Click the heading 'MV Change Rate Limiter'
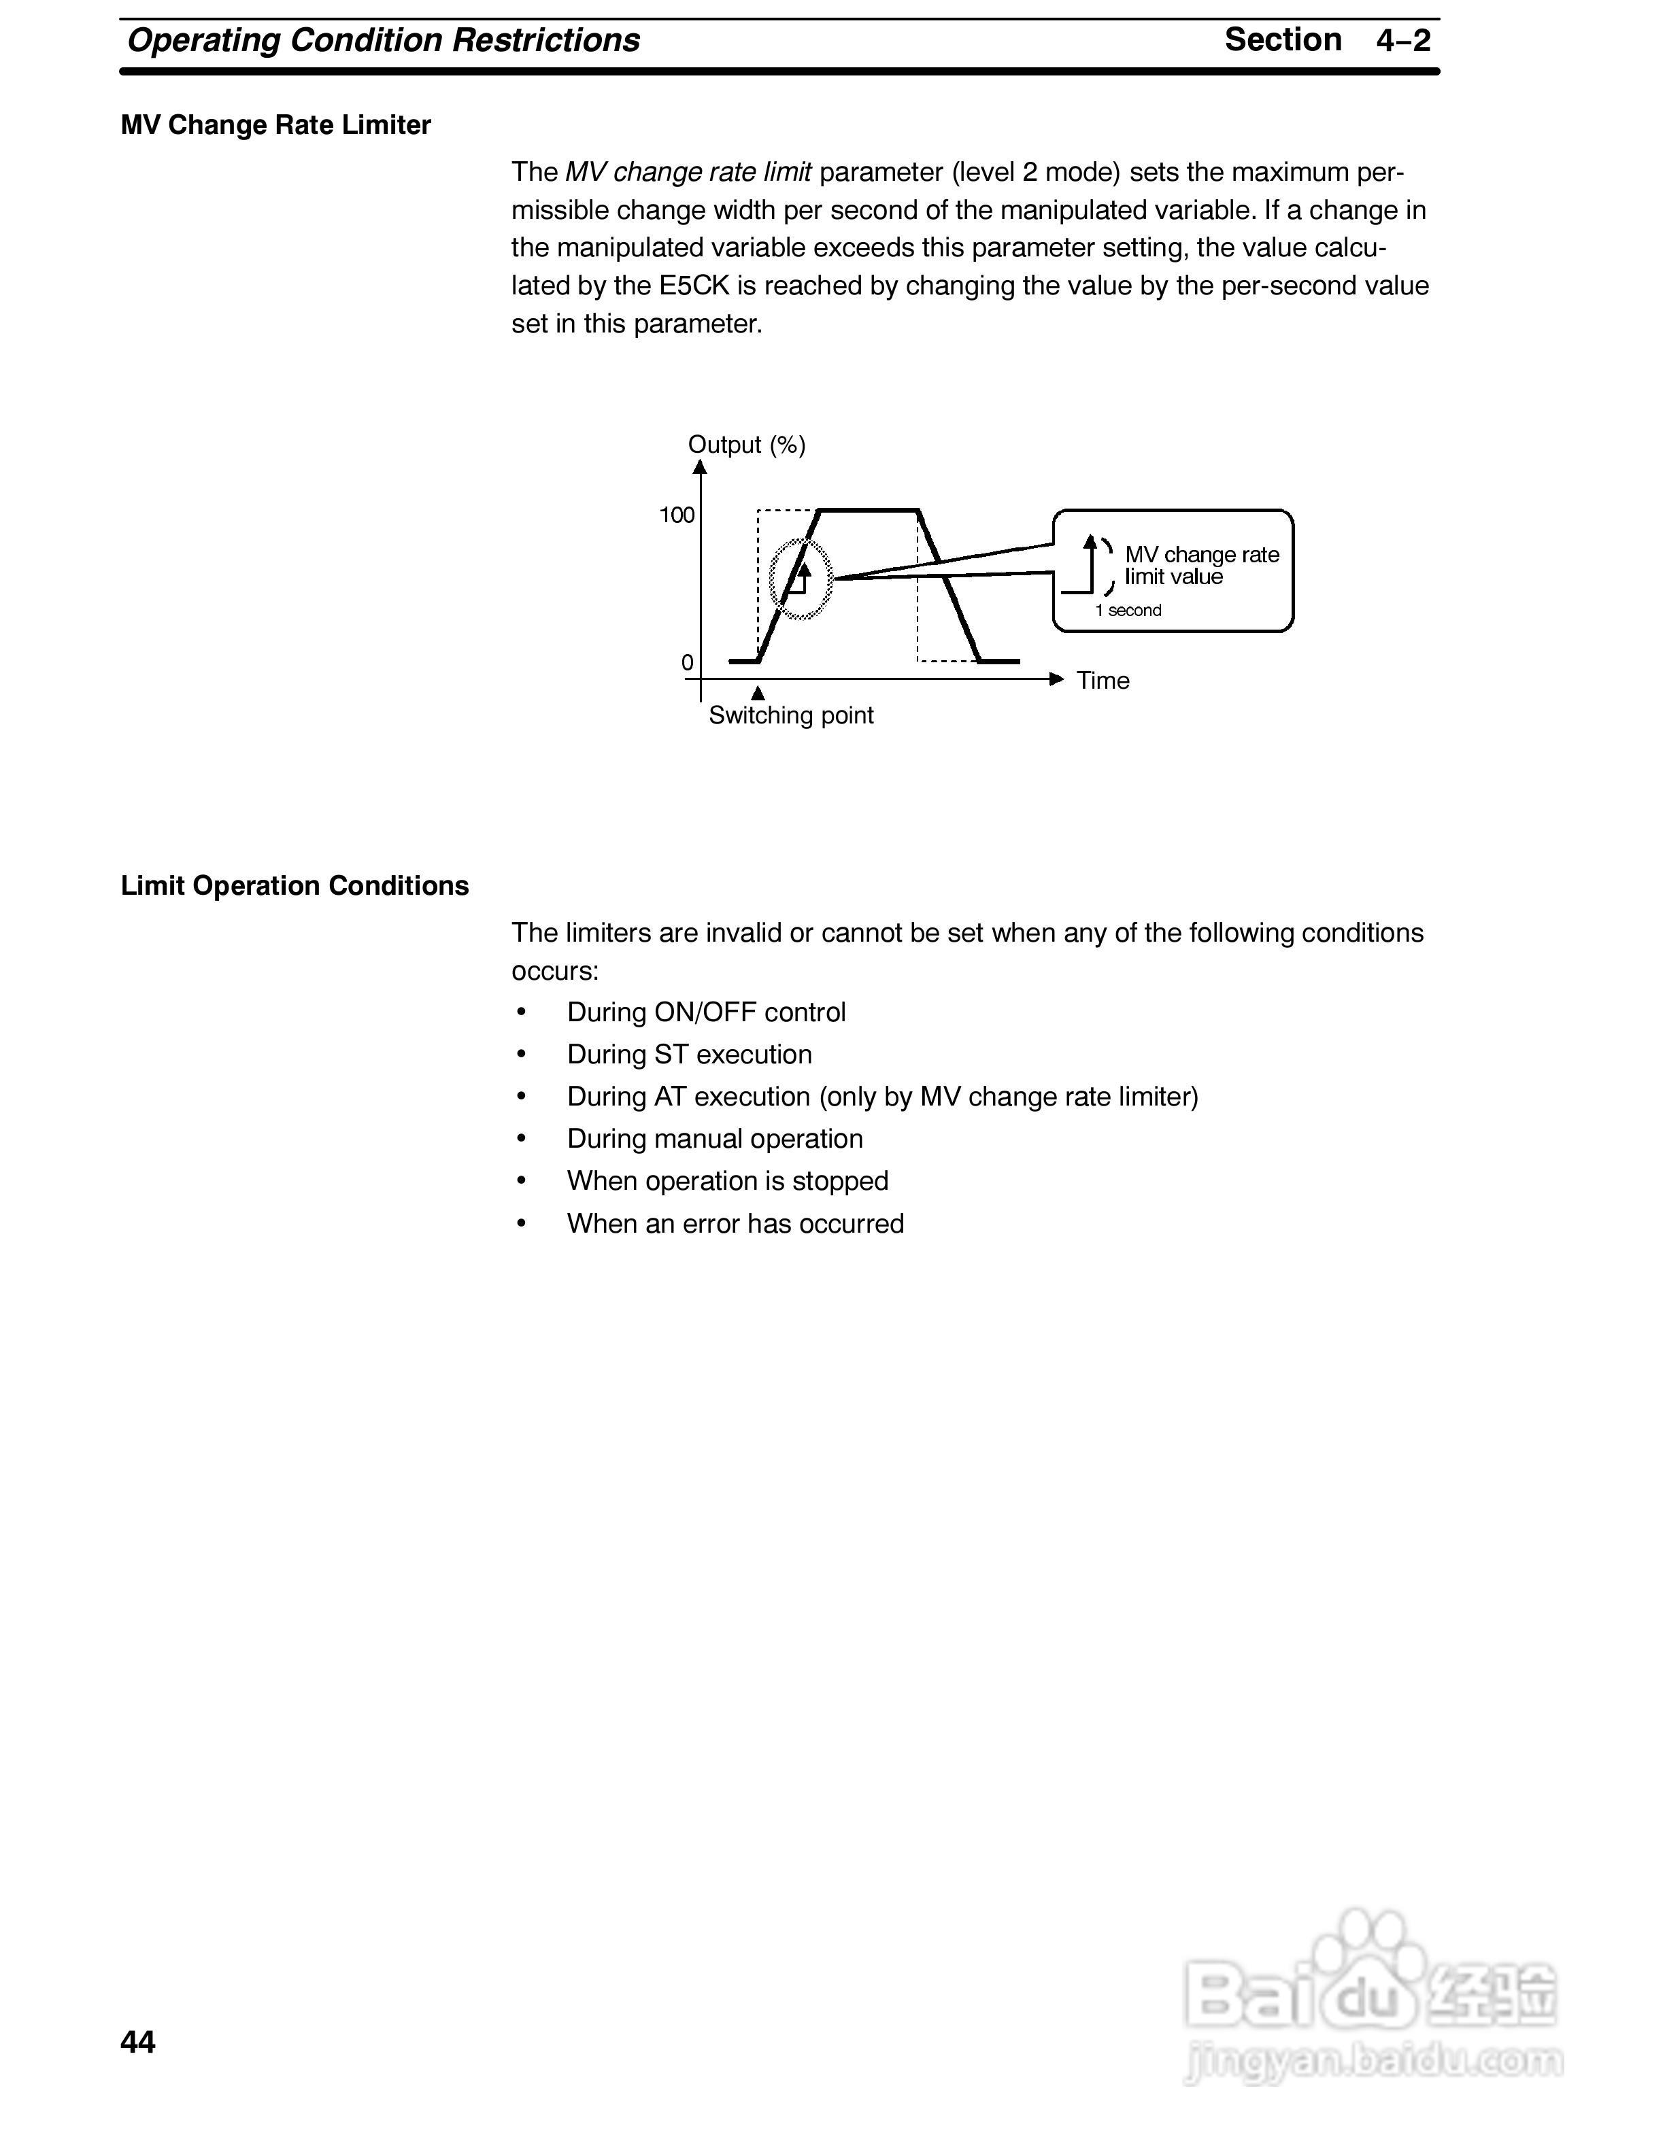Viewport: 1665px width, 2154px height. click(275, 125)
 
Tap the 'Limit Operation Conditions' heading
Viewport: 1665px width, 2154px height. click(294, 886)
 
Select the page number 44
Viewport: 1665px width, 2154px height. click(138, 2042)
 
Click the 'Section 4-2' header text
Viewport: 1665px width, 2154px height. click(1327, 40)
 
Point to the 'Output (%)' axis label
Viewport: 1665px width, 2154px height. click(747, 445)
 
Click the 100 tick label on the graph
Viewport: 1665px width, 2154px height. click(677, 515)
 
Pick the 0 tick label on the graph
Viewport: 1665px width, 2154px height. click(688, 663)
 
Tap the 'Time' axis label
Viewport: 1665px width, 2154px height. click(1103, 681)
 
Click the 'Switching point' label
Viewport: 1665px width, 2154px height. click(791, 715)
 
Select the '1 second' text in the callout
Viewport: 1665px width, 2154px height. click(1128, 611)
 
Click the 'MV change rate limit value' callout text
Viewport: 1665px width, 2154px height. click(1201, 566)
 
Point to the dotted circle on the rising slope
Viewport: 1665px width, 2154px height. click(801, 579)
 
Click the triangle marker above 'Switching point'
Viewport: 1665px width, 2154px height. click(758, 694)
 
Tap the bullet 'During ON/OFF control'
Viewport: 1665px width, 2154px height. click(706, 1013)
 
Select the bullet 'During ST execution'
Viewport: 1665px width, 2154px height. click(690, 1055)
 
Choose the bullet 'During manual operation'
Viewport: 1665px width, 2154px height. click(715, 1139)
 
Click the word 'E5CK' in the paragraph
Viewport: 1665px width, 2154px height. click(694, 286)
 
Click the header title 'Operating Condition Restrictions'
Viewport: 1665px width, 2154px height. click(384, 40)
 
